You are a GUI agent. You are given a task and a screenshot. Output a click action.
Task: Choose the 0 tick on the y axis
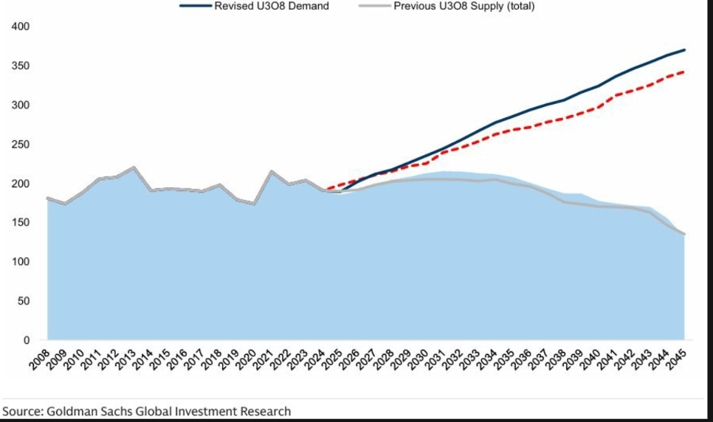click(26, 340)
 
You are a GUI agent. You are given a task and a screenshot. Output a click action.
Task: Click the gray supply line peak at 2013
click(134, 167)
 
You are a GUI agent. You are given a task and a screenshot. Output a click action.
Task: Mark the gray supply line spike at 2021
click(272, 171)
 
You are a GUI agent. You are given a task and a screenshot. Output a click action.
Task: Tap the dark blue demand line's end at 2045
click(684, 50)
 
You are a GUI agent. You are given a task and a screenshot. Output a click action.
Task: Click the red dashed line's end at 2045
click(684, 72)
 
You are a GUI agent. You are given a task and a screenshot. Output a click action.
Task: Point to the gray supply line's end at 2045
click(684, 234)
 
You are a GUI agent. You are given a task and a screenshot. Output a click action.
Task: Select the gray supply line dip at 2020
click(254, 204)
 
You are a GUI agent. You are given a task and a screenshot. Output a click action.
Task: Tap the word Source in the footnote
click(20, 411)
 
